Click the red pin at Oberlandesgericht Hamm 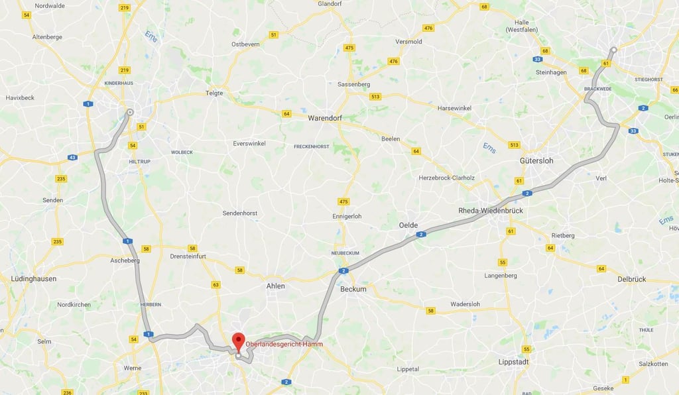pyautogui.click(x=238, y=342)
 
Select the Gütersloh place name pyautogui.click(x=537, y=161)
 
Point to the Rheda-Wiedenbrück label pyautogui.click(x=491, y=211)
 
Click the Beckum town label pyautogui.click(x=353, y=289)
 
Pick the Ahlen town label pyautogui.click(x=275, y=286)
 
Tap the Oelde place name pyautogui.click(x=408, y=225)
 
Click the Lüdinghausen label pyautogui.click(x=34, y=279)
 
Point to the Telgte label pyautogui.click(x=214, y=93)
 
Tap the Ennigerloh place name pyautogui.click(x=346, y=217)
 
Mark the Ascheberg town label pyautogui.click(x=125, y=260)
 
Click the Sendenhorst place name pyautogui.click(x=240, y=213)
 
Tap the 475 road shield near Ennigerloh pyautogui.click(x=343, y=201)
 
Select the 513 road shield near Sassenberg pyautogui.click(x=376, y=96)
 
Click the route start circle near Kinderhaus pyautogui.click(x=130, y=112)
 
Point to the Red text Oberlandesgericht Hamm pyautogui.click(x=284, y=344)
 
